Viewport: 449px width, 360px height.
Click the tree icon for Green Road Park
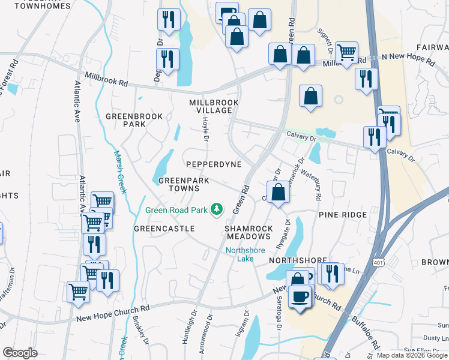pos(217,210)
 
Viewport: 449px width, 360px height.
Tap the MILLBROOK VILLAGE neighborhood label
pos(214,106)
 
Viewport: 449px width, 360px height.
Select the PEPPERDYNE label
pos(214,164)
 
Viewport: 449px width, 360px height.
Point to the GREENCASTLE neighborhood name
pos(164,229)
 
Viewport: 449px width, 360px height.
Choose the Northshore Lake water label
pos(240,254)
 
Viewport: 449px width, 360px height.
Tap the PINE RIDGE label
pos(342,214)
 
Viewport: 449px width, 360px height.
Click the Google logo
pos(20,352)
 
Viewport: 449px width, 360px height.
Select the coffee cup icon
pos(300,296)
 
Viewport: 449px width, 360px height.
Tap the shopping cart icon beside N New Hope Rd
pos(346,53)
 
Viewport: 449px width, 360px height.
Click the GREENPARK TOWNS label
pos(179,184)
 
